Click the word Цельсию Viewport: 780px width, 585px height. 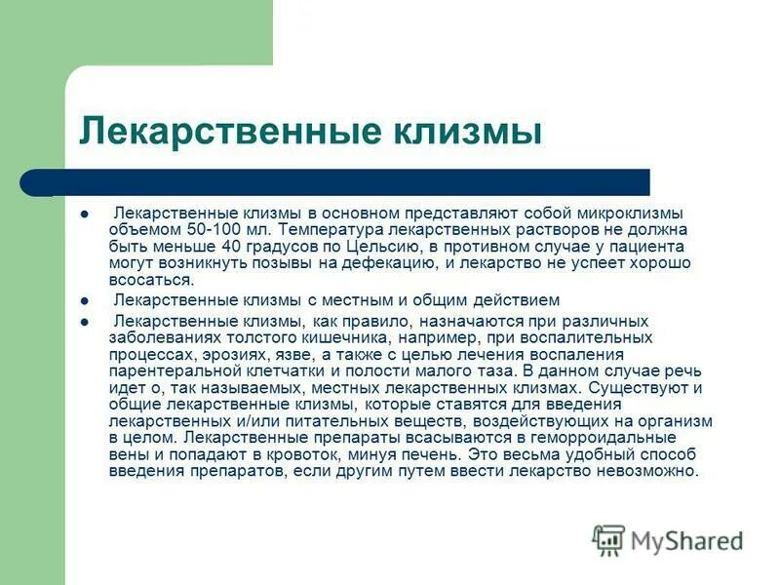[x=389, y=245]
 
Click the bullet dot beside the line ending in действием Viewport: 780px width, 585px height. [x=85, y=301]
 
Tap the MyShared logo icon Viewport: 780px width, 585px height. [x=608, y=540]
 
